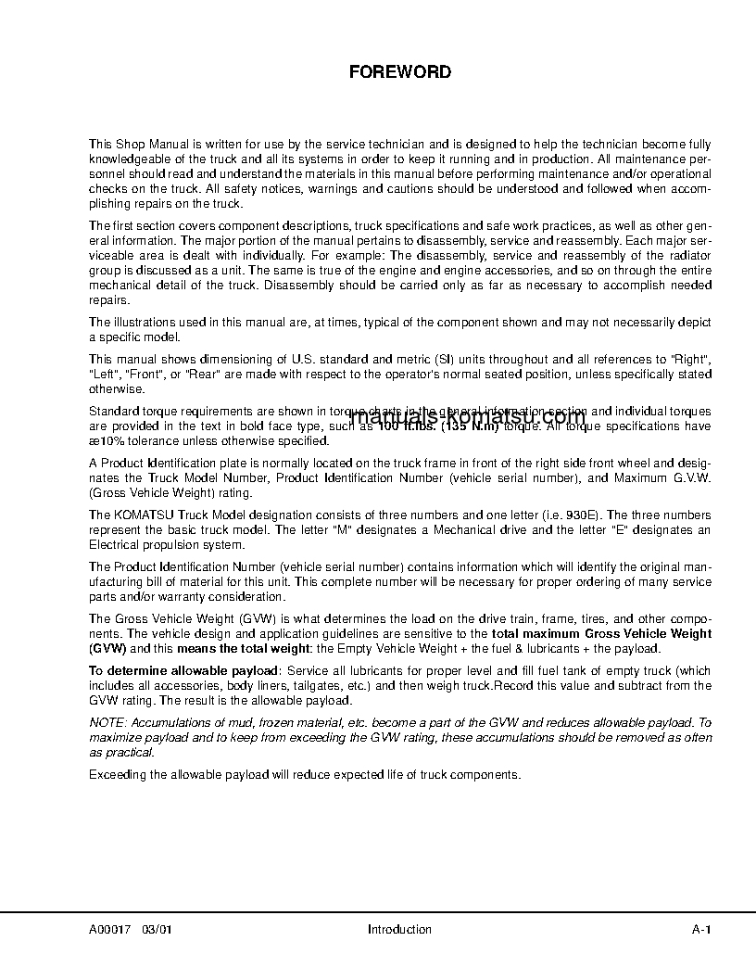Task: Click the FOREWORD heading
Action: pyautogui.click(x=399, y=71)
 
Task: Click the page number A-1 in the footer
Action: pyautogui.click(x=701, y=929)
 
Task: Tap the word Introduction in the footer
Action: pyautogui.click(x=399, y=929)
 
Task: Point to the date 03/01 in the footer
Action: pyautogui.click(x=157, y=929)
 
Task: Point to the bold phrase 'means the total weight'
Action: pyautogui.click(x=237, y=648)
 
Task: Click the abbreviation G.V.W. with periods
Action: pyautogui.click(x=690, y=477)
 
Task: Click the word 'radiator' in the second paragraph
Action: pyautogui.click(x=687, y=255)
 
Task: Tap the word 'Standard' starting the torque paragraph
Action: pyautogui.click(x=112, y=411)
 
